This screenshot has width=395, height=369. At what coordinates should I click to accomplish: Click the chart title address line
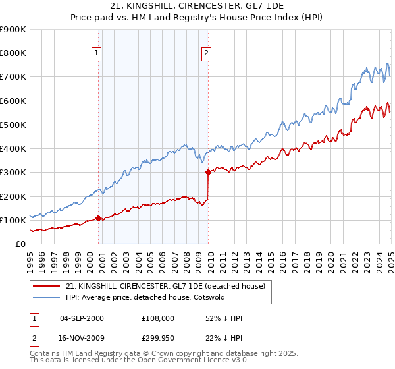(x=197, y=6)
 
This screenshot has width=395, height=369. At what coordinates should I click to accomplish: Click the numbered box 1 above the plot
(x=97, y=53)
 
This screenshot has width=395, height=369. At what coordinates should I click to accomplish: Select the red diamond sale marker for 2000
(x=98, y=218)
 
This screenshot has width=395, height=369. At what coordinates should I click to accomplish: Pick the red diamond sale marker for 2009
(x=209, y=173)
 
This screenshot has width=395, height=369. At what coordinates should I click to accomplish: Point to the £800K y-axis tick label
(x=13, y=53)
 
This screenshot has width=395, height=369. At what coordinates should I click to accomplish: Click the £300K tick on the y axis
(x=13, y=173)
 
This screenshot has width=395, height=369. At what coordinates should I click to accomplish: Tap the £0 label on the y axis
(x=20, y=244)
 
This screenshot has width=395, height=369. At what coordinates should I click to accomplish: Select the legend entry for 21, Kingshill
(x=165, y=286)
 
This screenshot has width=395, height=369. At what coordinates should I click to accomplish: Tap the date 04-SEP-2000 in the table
(x=82, y=318)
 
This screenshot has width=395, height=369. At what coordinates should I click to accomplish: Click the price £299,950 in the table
(x=157, y=339)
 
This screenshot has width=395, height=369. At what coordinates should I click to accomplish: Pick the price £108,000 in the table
(x=157, y=318)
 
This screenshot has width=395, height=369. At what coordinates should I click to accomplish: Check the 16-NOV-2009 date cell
(x=82, y=339)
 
